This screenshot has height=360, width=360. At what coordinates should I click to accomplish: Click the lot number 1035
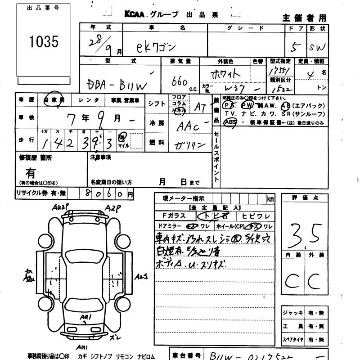click(x=43, y=42)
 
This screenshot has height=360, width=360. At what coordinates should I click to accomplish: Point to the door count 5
click(x=294, y=47)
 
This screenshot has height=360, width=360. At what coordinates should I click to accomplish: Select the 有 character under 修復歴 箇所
click(x=31, y=172)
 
